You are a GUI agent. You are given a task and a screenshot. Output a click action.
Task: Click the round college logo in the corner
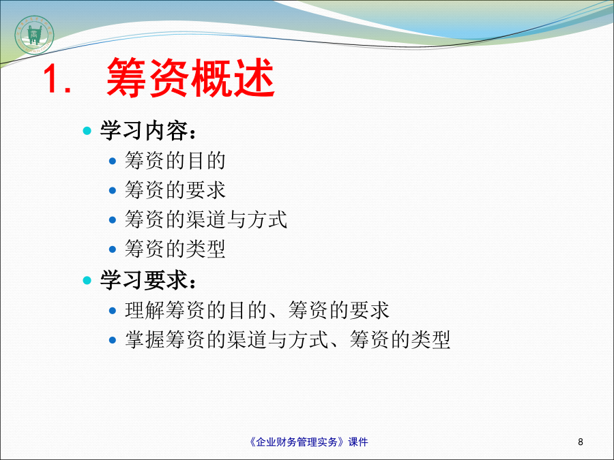34,35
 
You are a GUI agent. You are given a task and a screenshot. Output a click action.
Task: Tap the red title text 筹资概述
191,78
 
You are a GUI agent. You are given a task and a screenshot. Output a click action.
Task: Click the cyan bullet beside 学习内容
87,130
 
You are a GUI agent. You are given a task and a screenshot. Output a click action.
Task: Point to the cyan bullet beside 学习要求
87,280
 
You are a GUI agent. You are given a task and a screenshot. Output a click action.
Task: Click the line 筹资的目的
175,160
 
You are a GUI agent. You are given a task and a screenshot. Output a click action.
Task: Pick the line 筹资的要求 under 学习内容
175,189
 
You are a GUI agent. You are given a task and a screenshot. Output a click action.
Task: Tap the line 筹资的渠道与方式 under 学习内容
206,219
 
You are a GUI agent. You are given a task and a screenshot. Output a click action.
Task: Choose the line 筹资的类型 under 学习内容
175,249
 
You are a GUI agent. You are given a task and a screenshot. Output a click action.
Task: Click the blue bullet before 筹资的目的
113,161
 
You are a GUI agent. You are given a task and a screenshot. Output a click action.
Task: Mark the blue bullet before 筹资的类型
113,249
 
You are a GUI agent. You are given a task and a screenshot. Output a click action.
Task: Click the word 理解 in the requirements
145,310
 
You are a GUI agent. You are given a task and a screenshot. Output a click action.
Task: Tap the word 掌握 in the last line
145,339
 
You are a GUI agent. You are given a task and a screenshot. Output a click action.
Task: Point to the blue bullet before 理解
113,311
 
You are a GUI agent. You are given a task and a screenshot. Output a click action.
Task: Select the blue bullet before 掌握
113,340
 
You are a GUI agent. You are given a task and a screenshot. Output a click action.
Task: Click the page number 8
581,442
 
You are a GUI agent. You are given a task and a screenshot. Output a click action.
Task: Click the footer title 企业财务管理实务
297,442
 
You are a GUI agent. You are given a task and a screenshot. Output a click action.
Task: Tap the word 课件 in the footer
358,442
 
